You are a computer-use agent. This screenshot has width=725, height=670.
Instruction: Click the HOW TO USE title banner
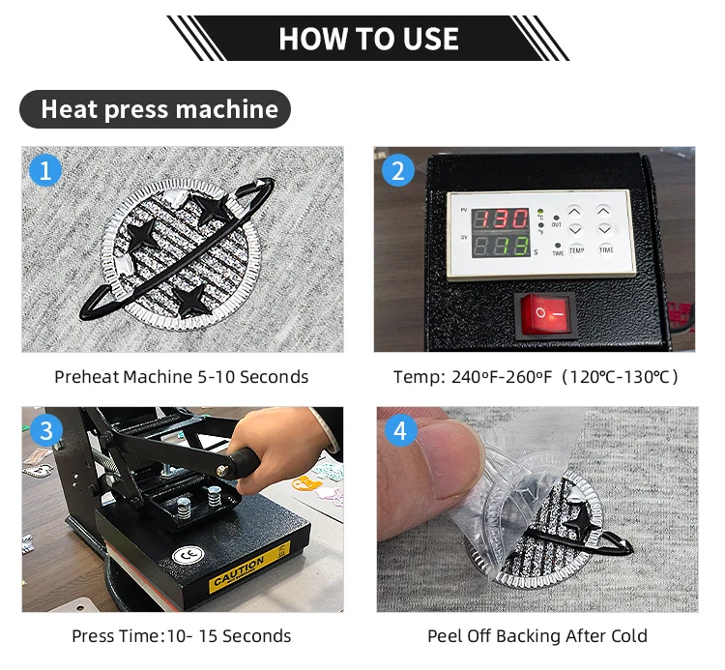[x=368, y=38]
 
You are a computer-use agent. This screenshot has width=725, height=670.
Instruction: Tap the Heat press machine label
[x=156, y=109]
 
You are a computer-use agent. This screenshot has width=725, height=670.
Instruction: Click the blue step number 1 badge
[x=45, y=170]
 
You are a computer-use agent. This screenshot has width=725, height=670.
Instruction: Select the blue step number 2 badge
[x=398, y=170]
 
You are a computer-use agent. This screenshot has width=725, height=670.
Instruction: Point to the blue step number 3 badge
[x=46, y=430]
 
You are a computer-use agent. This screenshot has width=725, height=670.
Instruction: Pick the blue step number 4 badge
[x=400, y=430]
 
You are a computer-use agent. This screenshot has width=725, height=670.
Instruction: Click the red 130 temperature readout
[x=501, y=218]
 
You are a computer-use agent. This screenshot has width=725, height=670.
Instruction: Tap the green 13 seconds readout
[x=515, y=246]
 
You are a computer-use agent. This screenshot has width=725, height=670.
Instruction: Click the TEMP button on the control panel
[x=576, y=250]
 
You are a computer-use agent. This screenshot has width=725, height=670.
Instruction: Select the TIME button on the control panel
[x=606, y=249]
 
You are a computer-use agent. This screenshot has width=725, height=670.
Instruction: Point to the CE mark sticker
[x=188, y=554]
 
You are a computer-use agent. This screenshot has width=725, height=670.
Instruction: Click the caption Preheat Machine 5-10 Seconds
[x=182, y=377]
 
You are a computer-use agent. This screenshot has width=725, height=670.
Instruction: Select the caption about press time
[x=182, y=636]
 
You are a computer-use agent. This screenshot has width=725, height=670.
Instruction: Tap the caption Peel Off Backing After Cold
[x=537, y=636]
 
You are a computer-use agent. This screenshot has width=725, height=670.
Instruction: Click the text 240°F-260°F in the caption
[x=502, y=377]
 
